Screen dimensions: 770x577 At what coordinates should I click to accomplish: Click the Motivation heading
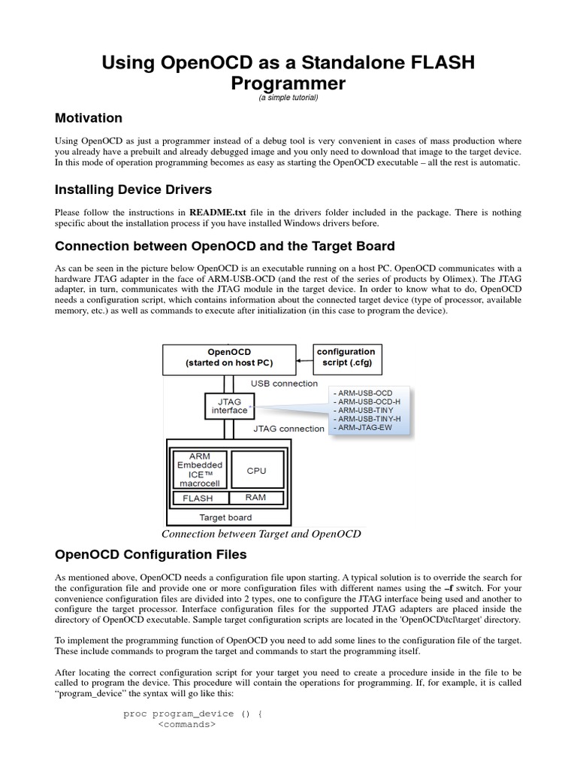point(89,118)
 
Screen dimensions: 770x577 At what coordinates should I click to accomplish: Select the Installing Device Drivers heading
point(134,189)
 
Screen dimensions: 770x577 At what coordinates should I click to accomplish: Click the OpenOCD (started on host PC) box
point(229,358)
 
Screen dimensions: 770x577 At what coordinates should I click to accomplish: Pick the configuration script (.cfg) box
point(346,357)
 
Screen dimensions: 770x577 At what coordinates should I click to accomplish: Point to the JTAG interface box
point(229,406)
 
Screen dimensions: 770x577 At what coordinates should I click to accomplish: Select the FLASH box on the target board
point(198,498)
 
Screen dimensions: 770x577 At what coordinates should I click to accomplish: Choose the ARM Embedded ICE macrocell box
point(199,470)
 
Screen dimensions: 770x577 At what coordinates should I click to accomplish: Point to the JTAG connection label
point(289,429)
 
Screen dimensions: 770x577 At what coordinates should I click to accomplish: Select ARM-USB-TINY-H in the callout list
point(367,419)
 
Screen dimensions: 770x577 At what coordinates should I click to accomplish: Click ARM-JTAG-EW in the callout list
point(366,428)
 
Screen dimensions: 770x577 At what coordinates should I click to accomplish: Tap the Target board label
point(225,517)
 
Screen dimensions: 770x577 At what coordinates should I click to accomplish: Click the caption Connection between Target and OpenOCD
point(261,534)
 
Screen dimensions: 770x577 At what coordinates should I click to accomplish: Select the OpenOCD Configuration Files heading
point(150,555)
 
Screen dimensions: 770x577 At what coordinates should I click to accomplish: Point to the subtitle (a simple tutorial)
point(288,98)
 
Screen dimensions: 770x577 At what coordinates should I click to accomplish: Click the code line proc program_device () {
point(192,714)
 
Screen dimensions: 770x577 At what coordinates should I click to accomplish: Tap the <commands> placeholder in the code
point(186,725)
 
